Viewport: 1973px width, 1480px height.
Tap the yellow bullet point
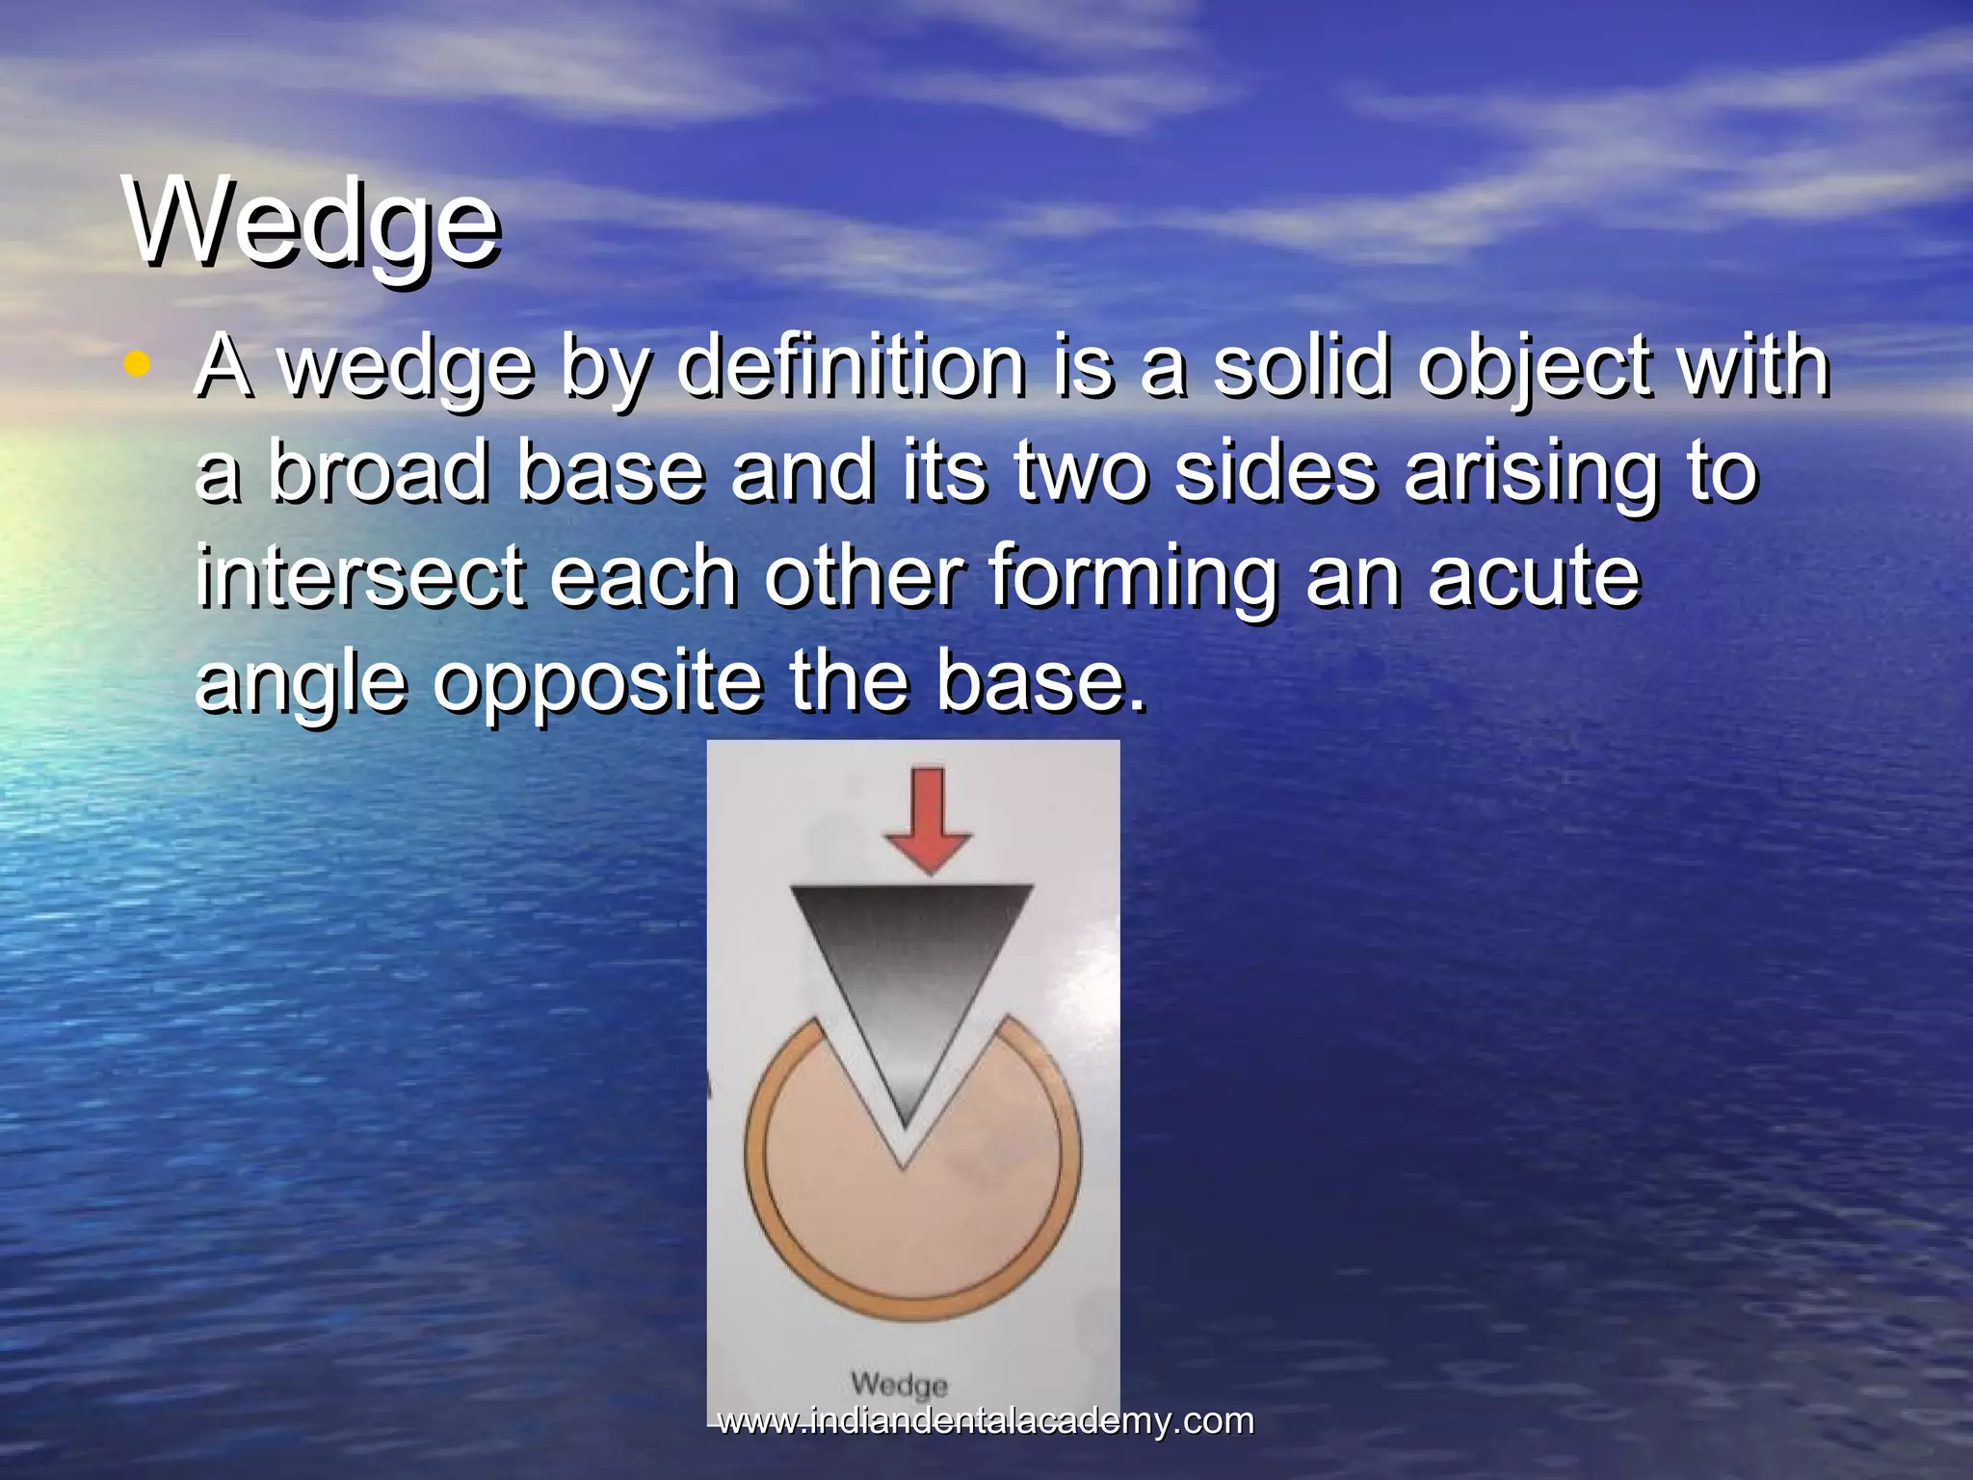[138, 364]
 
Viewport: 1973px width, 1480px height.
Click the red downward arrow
[928, 820]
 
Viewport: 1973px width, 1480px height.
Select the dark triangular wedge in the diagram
[909, 973]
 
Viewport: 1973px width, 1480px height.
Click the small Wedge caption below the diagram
[899, 1385]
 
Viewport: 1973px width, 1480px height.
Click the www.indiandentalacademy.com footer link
[986, 1421]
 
